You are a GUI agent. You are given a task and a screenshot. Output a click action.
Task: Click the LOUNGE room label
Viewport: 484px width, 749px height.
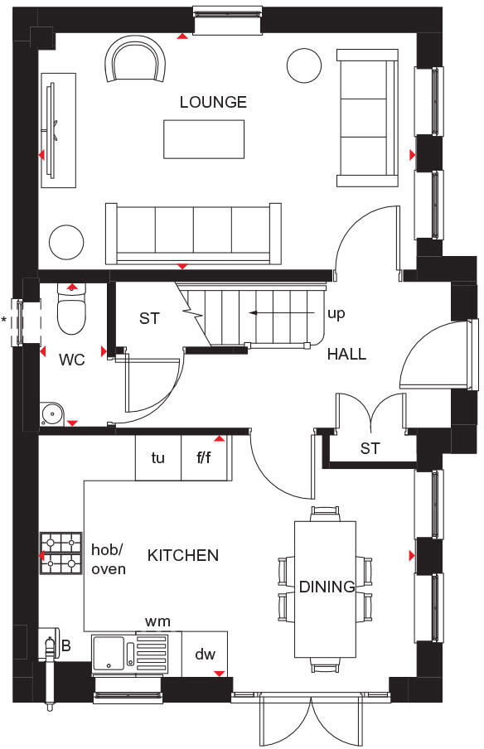tap(213, 103)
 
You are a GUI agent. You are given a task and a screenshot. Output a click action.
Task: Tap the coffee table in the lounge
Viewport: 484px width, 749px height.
tap(204, 139)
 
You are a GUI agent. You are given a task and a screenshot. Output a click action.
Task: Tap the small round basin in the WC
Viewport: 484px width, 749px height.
tap(51, 412)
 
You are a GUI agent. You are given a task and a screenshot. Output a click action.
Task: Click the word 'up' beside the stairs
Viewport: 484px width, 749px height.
tap(336, 314)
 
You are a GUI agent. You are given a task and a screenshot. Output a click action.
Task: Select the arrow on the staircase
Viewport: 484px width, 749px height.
tap(265, 313)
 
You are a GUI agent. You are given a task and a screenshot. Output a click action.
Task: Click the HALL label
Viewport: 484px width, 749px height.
tap(346, 355)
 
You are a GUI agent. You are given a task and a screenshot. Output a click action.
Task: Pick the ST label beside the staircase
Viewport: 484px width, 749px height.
tap(149, 318)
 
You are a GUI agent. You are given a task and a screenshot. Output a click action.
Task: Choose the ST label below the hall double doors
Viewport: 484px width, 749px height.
tap(370, 448)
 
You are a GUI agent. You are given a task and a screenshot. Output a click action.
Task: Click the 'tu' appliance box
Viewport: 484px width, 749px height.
tap(158, 457)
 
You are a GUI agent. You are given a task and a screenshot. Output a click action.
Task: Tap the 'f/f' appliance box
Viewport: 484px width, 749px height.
tap(205, 457)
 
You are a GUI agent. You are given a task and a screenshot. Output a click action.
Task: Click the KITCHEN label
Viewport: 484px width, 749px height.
tap(183, 555)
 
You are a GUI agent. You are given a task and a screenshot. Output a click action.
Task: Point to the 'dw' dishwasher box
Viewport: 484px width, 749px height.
tap(205, 655)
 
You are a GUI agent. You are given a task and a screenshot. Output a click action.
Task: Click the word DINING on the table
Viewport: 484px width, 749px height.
tap(327, 587)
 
